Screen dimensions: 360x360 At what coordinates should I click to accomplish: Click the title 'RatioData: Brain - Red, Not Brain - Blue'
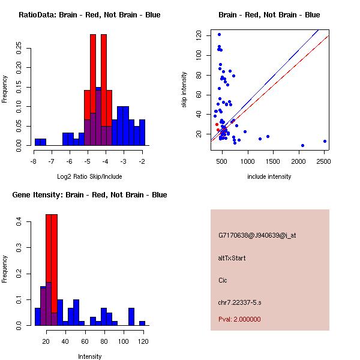point(89,15)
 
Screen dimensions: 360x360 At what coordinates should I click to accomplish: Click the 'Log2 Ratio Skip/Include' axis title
point(89,176)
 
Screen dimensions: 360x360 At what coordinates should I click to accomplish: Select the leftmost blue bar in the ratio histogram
point(40,142)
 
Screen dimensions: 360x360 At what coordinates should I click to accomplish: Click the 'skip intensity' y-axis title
point(185,89)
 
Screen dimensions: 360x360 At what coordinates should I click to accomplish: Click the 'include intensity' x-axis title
point(269,176)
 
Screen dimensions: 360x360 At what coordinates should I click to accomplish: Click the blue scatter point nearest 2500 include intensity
point(325,142)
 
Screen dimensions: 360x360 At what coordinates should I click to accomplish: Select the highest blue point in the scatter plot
point(219,34)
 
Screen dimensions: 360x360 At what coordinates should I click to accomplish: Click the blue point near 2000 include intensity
point(302,145)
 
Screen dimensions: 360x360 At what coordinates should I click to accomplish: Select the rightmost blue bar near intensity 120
point(142,323)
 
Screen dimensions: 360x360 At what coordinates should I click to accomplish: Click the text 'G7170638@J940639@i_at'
point(257,235)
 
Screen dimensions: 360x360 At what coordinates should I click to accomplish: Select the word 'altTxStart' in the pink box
point(232,258)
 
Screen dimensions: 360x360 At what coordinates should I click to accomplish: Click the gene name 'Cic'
point(223,280)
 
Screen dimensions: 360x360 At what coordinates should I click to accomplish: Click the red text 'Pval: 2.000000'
point(239,319)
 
